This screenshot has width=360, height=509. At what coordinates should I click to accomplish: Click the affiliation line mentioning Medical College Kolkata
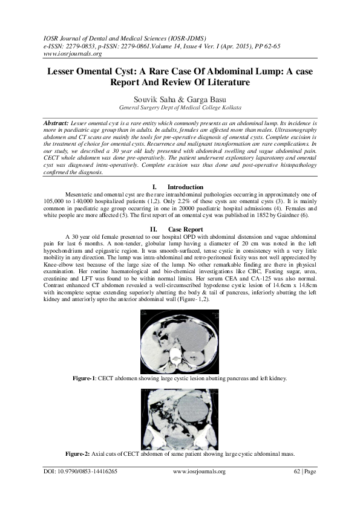180,107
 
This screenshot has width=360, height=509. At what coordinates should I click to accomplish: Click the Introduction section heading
185,187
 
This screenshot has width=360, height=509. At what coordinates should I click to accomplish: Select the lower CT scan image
180,418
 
